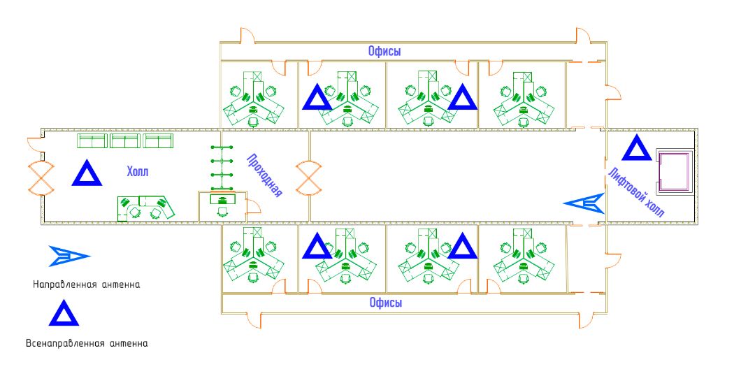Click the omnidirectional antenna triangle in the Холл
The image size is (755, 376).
(x=87, y=174)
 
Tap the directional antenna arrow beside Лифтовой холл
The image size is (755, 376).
(x=584, y=203)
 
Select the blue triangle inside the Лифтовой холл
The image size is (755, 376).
(x=636, y=148)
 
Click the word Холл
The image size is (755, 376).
(x=138, y=172)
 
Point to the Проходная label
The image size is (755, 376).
(x=264, y=175)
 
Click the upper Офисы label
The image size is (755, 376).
(x=384, y=51)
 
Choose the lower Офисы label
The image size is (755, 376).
(x=384, y=303)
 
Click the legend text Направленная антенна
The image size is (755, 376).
(x=87, y=284)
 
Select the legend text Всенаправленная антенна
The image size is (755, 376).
(x=87, y=343)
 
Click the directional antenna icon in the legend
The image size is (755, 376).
(x=69, y=256)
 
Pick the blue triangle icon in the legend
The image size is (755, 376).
(x=64, y=314)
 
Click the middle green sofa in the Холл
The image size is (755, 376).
(x=124, y=141)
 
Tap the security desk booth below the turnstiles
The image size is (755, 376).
(x=222, y=207)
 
